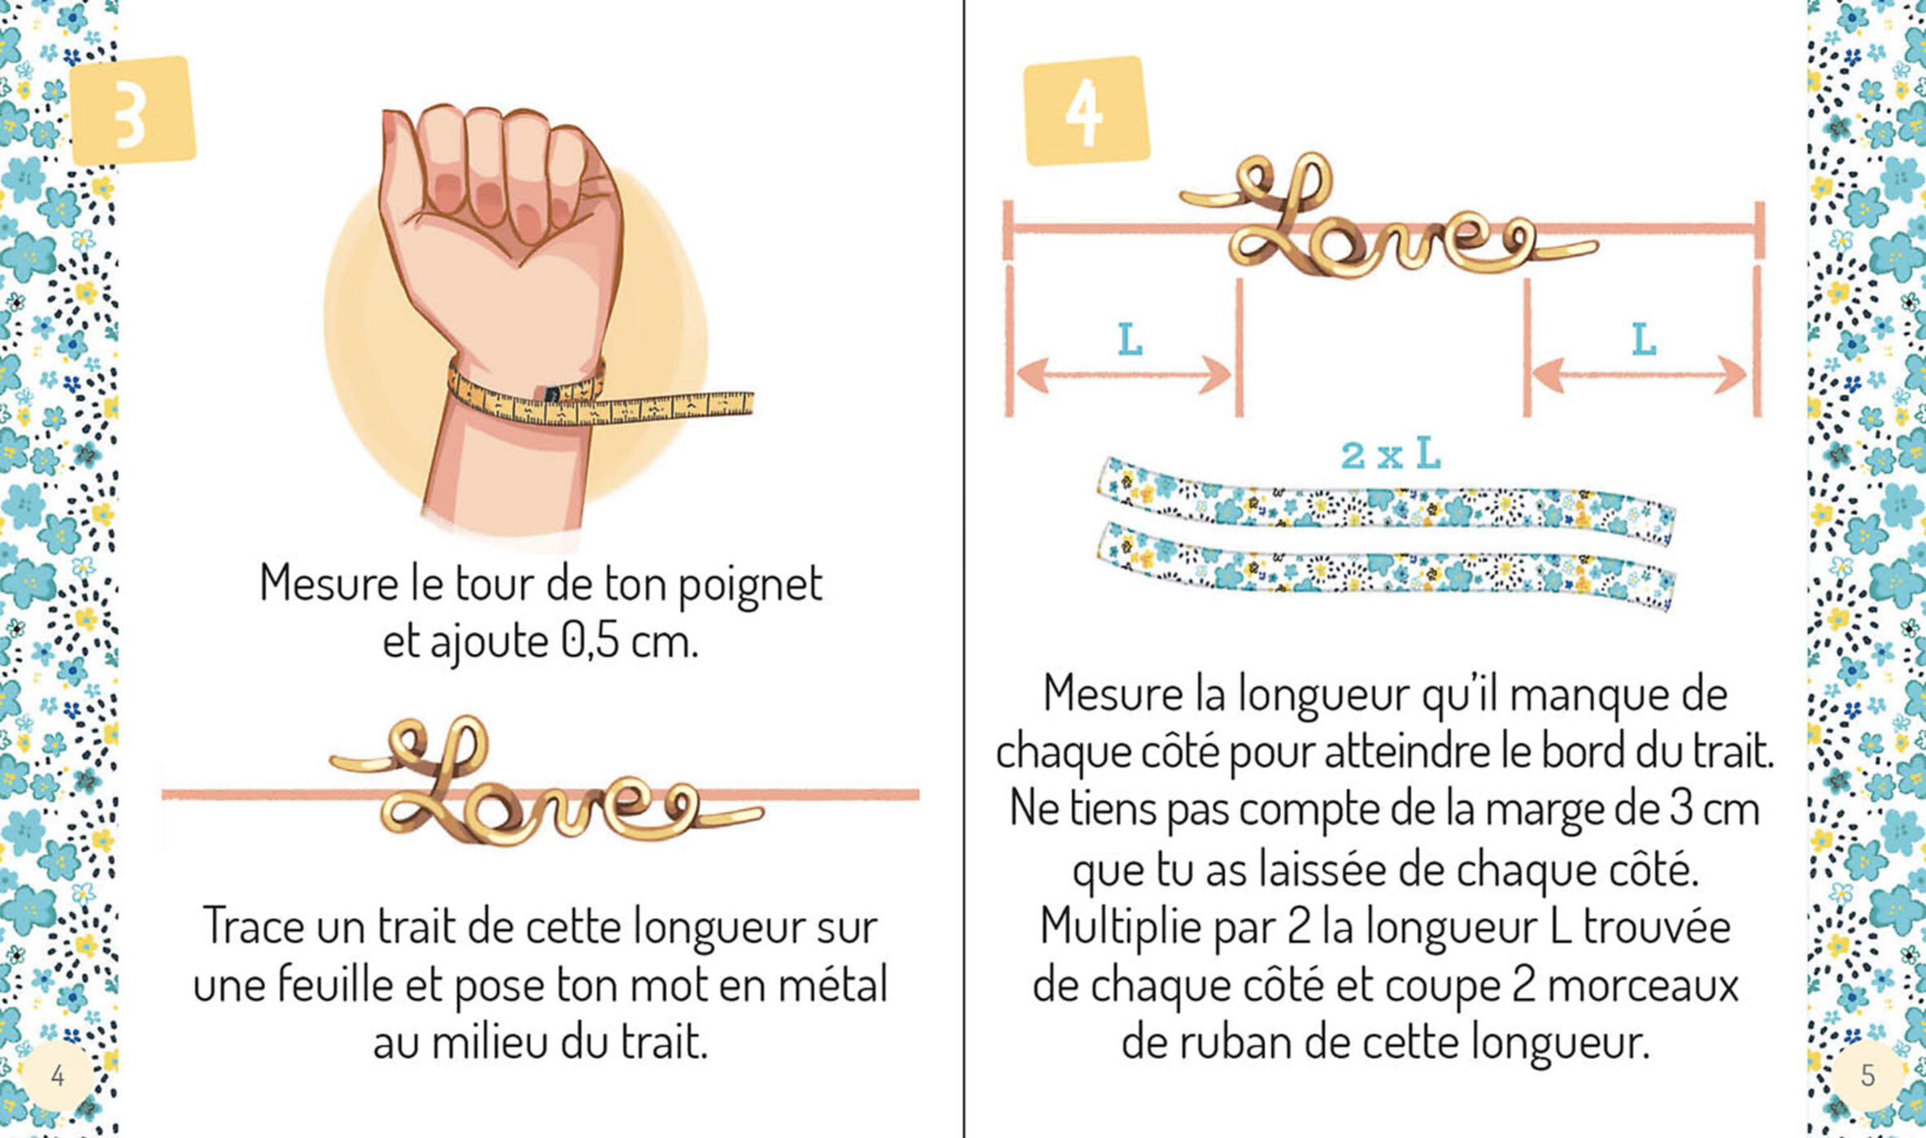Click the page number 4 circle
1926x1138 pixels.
(57, 1075)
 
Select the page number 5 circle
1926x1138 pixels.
(1867, 1075)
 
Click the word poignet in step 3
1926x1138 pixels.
(750, 585)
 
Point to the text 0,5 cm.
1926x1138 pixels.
(630, 641)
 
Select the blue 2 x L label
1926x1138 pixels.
(1390, 454)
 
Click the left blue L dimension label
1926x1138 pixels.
(1130, 340)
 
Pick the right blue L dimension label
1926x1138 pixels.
(1644, 340)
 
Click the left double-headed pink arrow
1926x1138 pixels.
(1124, 375)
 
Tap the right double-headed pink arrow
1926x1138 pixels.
(1639, 375)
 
